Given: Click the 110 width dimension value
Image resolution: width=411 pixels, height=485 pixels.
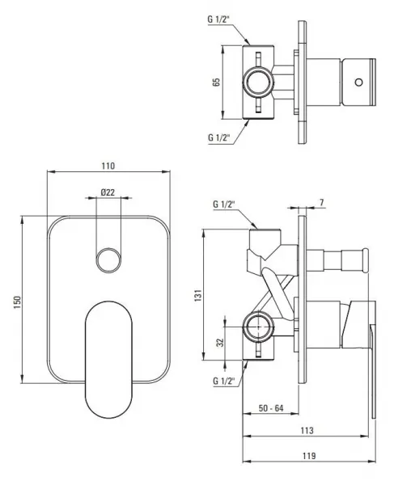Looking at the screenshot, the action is coord(108,166).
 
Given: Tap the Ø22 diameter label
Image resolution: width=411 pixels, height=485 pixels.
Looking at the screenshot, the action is coord(108,192).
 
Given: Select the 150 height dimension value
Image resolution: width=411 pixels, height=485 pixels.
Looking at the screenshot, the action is coord(17,302).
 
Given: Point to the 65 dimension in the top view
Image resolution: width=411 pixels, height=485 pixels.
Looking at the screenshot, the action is coord(216,82).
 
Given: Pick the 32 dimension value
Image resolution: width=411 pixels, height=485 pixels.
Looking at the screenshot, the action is coord(220,343).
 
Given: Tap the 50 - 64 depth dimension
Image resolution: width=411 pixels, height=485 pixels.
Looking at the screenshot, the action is coord(271,408).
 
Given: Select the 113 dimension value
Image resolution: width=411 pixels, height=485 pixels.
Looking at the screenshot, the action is coord(307,430).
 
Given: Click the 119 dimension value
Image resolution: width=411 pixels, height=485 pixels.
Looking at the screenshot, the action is coord(309,456).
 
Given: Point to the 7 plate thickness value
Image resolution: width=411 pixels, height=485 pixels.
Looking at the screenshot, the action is coord(321,203).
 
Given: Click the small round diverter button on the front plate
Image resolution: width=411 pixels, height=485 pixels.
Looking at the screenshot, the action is coord(108,260).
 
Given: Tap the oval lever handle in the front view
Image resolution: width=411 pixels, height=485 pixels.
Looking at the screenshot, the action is coord(108,360).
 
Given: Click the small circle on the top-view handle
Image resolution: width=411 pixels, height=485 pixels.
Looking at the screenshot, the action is coord(358,82).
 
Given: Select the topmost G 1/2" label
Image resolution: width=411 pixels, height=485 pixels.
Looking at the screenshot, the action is coord(218,19).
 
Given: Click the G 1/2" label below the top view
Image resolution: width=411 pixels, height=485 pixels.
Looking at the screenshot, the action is coord(218,137).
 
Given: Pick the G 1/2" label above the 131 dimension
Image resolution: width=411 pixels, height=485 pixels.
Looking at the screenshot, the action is coord(224,205).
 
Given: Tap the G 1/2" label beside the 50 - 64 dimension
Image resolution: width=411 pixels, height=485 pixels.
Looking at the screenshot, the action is coord(224,381).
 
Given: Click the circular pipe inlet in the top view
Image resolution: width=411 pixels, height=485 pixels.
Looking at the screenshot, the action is coord(258,82).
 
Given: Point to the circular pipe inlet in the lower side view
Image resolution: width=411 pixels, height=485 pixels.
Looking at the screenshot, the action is coord(258,327).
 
